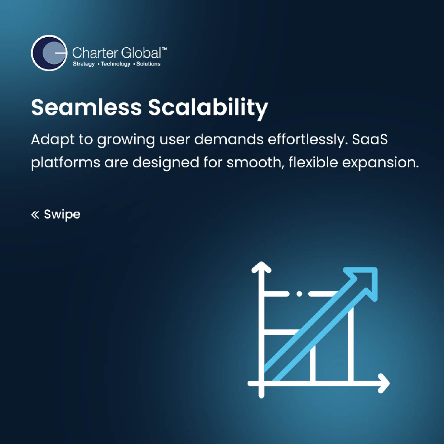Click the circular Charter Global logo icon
point(49,53)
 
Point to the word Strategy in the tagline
point(83,64)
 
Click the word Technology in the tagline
point(115,64)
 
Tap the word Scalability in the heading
point(209,108)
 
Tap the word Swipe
point(62,214)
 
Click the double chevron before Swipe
point(35,214)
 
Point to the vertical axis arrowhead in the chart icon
point(261,268)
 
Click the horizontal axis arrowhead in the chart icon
point(383,383)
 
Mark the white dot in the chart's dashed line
point(299,294)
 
